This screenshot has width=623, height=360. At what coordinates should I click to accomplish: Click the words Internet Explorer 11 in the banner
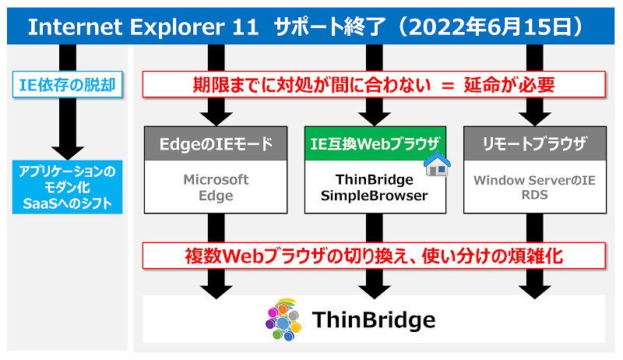tap(143, 27)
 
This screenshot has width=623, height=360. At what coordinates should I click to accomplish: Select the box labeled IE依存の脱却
tap(67, 84)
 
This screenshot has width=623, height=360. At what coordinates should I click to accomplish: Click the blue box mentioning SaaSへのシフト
tap(67, 187)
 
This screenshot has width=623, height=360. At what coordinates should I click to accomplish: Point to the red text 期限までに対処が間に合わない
tap(312, 84)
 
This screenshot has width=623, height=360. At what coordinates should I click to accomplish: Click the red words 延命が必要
tap(509, 84)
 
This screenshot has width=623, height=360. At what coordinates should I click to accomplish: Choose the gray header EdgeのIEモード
tap(216, 143)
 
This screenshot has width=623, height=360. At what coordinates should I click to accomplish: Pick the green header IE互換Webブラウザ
tap(375, 143)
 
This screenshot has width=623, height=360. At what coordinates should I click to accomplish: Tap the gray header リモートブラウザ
tap(535, 143)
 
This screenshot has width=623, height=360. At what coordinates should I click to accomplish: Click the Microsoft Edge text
tap(216, 187)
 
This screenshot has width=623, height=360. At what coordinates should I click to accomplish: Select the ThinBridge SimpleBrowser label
tap(375, 187)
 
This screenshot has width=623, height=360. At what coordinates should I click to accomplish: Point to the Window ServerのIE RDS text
tap(534, 187)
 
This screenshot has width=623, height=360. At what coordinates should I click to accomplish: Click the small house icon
tap(437, 164)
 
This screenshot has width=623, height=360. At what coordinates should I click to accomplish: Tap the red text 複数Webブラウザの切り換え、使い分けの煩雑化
tap(374, 256)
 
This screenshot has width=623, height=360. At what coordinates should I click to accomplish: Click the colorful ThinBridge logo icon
tap(283, 319)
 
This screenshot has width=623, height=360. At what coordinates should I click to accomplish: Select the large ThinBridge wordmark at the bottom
tap(374, 319)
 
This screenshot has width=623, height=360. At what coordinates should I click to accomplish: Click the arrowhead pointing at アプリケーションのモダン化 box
tap(68, 153)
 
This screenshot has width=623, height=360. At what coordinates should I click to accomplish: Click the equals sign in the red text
tap(448, 85)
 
